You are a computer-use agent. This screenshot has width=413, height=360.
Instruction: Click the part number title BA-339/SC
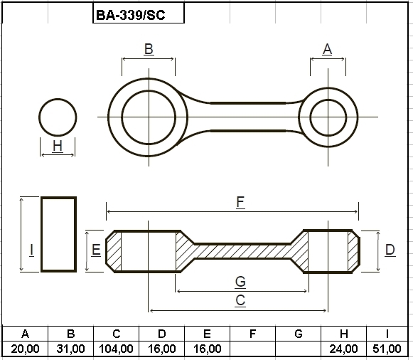[130, 15]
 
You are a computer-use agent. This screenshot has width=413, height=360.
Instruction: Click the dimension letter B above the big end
[149, 49]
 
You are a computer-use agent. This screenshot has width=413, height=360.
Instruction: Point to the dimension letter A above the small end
[328, 49]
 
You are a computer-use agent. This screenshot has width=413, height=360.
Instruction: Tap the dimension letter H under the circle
[58, 146]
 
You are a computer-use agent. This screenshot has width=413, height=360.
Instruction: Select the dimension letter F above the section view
[240, 202]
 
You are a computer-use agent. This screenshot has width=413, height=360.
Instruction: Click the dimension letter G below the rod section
[240, 282]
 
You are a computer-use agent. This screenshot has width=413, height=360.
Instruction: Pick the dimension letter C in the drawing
[240, 300]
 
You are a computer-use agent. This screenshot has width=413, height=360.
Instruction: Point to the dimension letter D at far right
[390, 250]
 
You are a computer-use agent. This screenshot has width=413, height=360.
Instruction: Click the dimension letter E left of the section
[96, 250]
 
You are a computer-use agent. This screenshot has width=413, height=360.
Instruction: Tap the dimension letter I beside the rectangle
[31, 250]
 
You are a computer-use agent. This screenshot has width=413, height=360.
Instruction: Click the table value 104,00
[116, 349]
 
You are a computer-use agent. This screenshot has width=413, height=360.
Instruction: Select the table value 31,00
[70, 349]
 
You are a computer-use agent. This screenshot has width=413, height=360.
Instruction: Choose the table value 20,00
[25, 349]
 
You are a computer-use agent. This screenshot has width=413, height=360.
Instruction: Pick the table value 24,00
[343, 349]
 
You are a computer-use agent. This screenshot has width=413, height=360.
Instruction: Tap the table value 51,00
[387, 349]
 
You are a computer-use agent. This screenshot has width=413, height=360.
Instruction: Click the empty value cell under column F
[252, 349]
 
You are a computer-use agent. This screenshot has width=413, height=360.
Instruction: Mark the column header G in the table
[299, 334]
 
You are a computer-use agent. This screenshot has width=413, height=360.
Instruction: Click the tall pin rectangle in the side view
[59, 234]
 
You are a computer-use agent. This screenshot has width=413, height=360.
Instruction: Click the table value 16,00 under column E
[208, 349]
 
